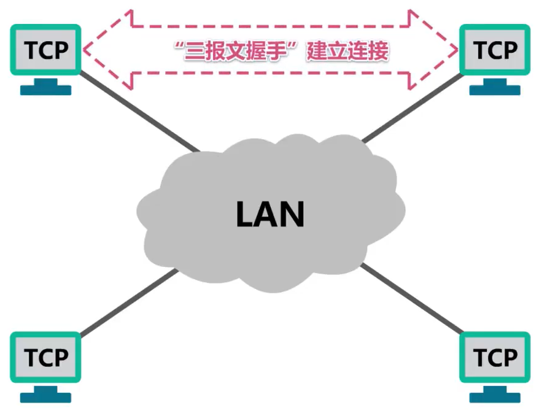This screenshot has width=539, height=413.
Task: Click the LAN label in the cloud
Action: pyautogui.click(x=271, y=214)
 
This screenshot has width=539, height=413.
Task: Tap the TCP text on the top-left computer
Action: pyautogui.click(x=45, y=50)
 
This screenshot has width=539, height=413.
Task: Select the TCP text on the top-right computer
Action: pyautogui.click(x=494, y=50)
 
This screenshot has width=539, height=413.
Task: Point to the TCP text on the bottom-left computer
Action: pyautogui.click(x=45, y=357)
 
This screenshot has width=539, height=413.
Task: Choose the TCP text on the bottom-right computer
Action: pyautogui.click(x=494, y=357)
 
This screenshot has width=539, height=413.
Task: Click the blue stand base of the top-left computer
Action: pyautogui.click(x=45, y=90)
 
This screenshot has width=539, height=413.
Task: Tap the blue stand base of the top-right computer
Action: pyautogui.click(x=494, y=90)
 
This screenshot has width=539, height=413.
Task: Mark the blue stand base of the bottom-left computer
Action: pyautogui.click(x=45, y=397)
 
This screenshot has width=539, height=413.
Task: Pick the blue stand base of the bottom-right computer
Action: pyautogui.click(x=494, y=397)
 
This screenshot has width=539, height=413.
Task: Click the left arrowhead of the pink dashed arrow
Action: pyautogui.click(x=92, y=50)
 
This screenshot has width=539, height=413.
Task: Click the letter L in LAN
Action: pyautogui.click(x=246, y=214)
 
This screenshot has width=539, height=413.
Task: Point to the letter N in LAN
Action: pyautogui.click(x=293, y=214)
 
